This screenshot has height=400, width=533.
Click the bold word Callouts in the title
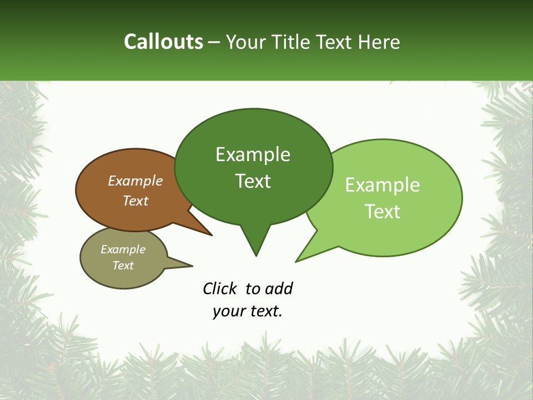click(163, 42)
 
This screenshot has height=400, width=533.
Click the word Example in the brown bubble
click(135, 181)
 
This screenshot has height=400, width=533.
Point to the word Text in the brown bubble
click(135, 201)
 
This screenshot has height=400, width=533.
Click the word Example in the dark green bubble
click(253, 154)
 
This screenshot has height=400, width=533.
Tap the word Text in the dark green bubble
click(253, 181)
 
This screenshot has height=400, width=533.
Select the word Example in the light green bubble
click(383, 185)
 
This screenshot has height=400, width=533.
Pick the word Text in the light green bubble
click(383, 212)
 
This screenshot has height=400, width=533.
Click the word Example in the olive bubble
click(123, 249)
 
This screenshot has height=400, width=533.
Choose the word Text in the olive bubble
click(123, 266)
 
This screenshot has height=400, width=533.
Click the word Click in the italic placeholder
click(220, 288)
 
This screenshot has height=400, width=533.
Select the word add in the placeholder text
click(279, 288)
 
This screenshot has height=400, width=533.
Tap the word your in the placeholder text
click(229, 311)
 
